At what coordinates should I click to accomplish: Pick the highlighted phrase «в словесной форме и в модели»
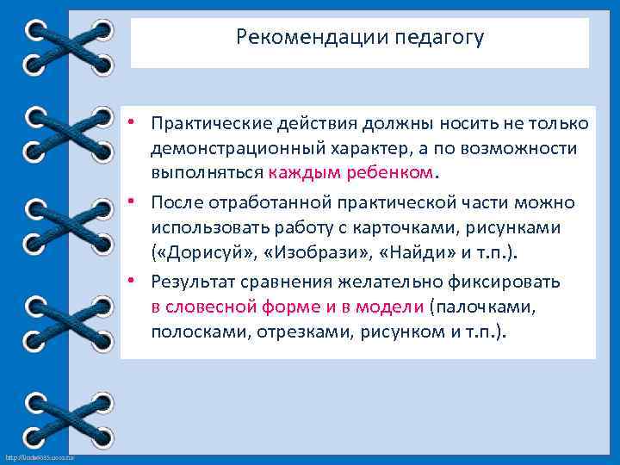[288, 307]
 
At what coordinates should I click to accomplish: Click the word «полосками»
[194, 332]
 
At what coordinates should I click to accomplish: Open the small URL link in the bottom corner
[41, 456]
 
